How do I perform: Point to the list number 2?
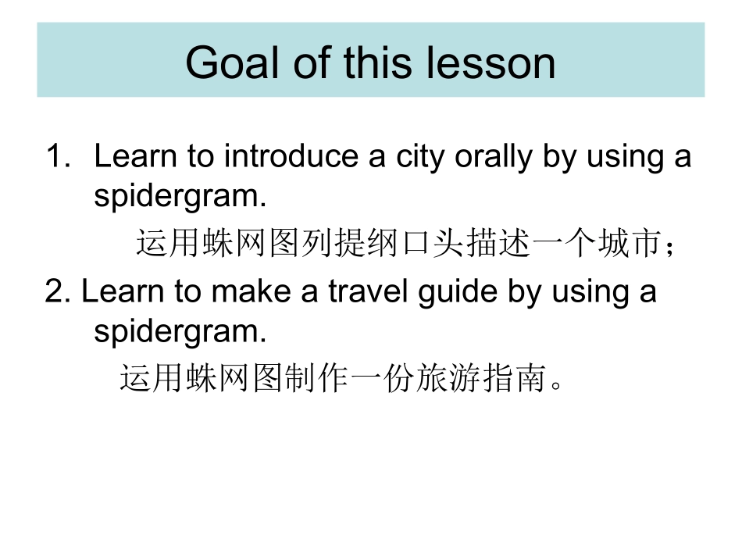57,291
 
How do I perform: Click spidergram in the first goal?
180,196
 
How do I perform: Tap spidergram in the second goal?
180,332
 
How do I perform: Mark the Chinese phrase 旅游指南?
482,379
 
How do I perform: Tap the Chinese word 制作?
317,379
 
